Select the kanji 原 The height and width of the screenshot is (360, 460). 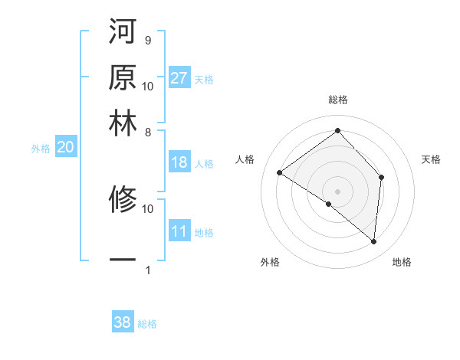point(123,78)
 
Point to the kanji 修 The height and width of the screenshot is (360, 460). point(123,200)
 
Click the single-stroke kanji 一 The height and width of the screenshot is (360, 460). point(123,261)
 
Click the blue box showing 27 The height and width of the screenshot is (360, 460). point(179,78)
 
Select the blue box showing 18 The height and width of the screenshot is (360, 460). point(179,162)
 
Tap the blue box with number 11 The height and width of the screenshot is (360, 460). point(179,232)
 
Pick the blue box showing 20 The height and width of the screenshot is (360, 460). point(65,148)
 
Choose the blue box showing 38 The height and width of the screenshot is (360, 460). point(123,323)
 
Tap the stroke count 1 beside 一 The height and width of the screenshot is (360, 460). point(147,270)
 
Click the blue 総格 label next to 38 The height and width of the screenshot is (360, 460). point(147,324)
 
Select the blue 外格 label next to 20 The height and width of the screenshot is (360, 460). point(41,149)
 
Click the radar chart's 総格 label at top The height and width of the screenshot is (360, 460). point(338,100)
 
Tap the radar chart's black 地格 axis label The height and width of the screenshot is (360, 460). point(402,263)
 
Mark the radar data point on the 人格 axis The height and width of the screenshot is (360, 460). point(280,173)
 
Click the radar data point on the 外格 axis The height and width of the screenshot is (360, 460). point(329,205)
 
